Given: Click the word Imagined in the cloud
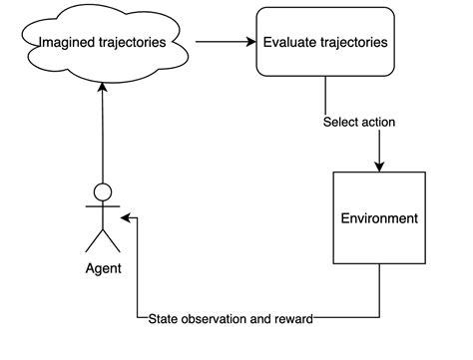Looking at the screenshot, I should [69, 43].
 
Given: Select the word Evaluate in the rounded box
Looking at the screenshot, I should [289, 43].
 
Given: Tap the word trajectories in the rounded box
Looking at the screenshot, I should [354, 43].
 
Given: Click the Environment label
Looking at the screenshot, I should [379, 218].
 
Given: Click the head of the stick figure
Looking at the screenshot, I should [102, 192].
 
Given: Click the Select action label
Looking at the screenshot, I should [359, 123].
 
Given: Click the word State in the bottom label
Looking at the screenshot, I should [165, 319].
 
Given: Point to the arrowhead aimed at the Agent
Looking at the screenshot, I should [126, 217].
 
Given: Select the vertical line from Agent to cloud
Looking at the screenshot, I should [102, 140].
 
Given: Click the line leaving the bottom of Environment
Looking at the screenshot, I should [379, 294].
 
